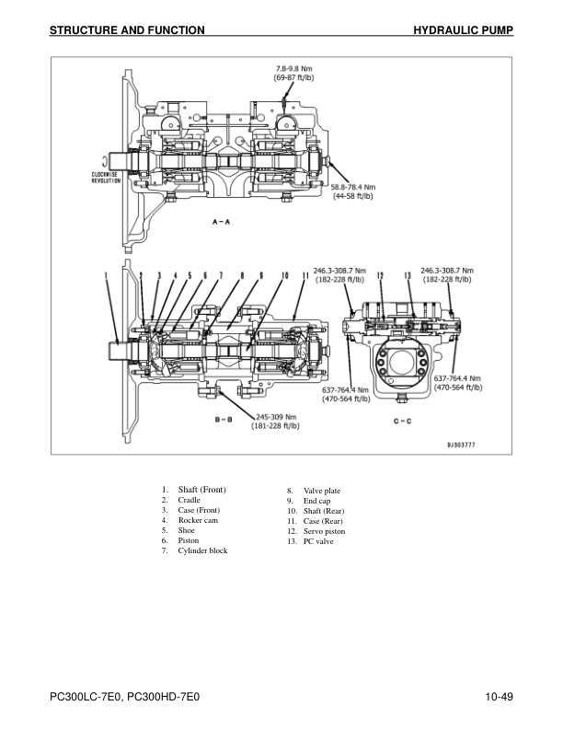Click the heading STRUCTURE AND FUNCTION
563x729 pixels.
pyautogui.click(x=127, y=30)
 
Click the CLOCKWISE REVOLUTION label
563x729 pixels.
pyautogui.click(x=107, y=177)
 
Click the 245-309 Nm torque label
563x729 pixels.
pyautogui.click(x=277, y=421)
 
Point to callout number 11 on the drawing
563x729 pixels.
pyautogui.click(x=304, y=274)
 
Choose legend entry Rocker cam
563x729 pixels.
pyautogui.click(x=198, y=520)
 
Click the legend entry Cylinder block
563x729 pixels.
pyautogui.click(x=202, y=550)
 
